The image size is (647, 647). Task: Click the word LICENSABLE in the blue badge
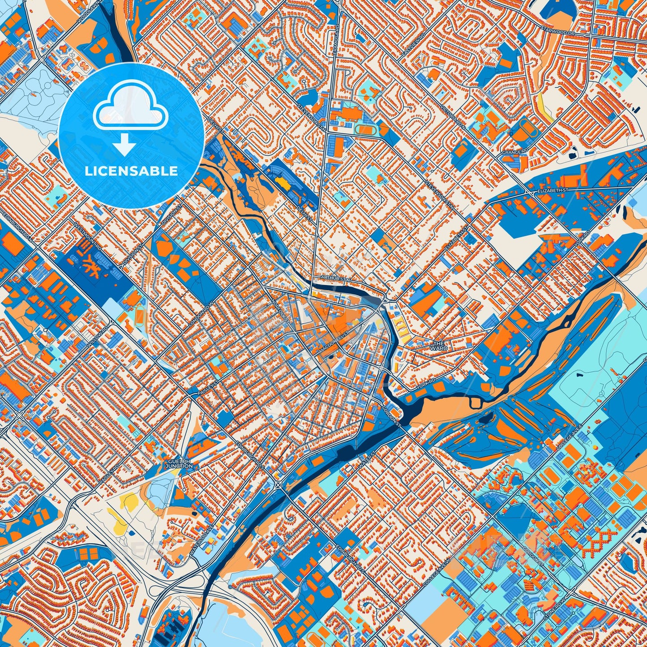click(x=132, y=171)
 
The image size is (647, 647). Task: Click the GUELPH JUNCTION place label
click(x=179, y=463)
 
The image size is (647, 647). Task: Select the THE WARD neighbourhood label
click(x=438, y=346)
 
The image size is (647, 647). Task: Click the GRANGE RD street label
click(x=515, y=152)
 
